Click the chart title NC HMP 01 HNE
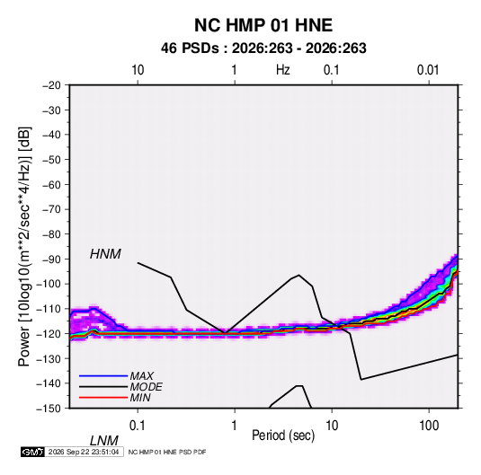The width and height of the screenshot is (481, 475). pos(263,25)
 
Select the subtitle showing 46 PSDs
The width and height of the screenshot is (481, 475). pos(263,48)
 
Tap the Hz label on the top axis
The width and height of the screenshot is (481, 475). pos(282,70)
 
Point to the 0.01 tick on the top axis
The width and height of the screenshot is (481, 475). pos(428,70)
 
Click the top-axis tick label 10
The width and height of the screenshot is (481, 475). pos(138,70)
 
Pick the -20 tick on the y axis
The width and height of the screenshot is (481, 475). pos(51,85)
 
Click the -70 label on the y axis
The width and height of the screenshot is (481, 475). pos(51,209)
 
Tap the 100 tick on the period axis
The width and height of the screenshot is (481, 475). pos(429,426)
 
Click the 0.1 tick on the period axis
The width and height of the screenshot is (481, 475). pos(137,426)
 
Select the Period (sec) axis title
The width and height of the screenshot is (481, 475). pos(283,435)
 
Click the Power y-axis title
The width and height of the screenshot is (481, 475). pos(24,246)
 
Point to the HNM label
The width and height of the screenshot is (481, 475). pos(105,254)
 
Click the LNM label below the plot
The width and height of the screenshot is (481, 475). pos(103,441)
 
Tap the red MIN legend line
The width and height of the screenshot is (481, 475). pos(103,398)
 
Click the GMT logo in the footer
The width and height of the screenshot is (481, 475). pos(33,452)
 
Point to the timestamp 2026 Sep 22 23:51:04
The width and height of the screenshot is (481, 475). pos(84,452)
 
